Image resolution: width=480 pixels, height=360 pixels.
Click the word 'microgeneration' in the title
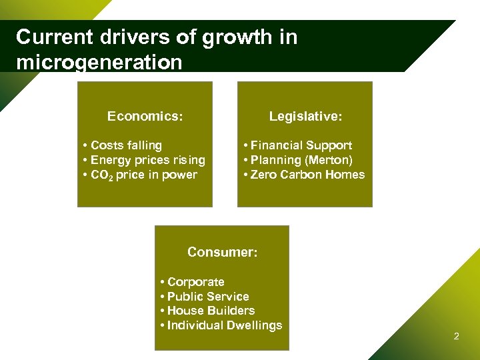(x=99, y=63)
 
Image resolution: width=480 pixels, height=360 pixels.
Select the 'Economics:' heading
(x=145, y=116)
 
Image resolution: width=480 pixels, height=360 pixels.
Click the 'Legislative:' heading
(x=305, y=116)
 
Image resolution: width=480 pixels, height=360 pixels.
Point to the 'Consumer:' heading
(x=222, y=252)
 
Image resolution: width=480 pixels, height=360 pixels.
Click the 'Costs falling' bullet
(x=126, y=145)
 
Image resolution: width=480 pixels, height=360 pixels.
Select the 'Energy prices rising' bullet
(x=147, y=160)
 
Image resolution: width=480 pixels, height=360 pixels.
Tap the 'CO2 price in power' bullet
(x=143, y=175)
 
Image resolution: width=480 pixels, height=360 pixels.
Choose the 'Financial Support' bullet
(x=301, y=145)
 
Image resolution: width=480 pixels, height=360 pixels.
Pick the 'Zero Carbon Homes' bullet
(x=307, y=175)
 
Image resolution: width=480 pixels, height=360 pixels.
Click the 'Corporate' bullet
(x=195, y=282)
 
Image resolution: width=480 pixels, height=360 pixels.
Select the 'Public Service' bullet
(x=208, y=297)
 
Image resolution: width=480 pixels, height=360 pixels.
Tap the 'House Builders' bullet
(x=211, y=311)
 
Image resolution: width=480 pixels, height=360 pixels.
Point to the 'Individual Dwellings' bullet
(x=225, y=325)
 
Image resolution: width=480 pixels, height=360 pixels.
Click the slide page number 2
(x=456, y=336)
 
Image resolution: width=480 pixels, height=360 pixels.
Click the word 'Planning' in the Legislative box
(x=275, y=160)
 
